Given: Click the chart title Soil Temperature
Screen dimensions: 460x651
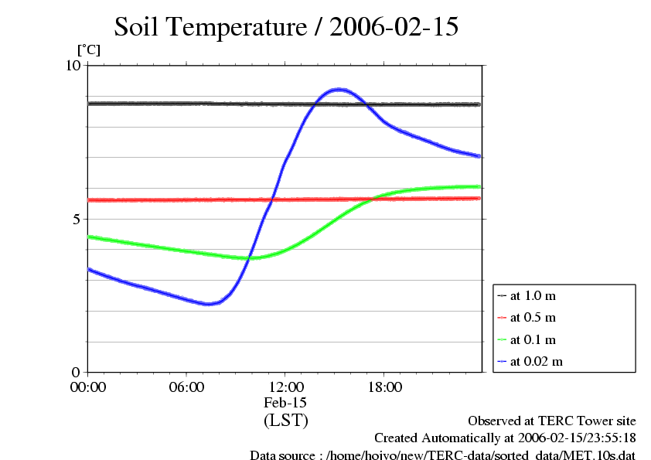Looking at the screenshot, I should (x=210, y=28).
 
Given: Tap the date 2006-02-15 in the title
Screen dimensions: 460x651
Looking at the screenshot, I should (x=394, y=28).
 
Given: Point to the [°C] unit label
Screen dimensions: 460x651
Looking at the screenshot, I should (x=88, y=49).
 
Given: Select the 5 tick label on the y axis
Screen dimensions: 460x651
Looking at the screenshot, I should (x=76, y=219).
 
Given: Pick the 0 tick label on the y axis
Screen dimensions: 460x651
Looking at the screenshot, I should (x=76, y=372).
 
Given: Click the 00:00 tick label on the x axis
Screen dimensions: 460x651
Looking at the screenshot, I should (x=88, y=387).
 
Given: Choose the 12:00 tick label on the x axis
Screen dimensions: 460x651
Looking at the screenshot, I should (x=285, y=387).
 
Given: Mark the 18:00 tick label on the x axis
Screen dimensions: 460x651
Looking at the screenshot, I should (x=384, y=387).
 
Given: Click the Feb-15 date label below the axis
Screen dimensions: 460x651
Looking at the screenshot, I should (x=285, y=403).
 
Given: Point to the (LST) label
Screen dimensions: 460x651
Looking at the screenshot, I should (x=285, y=421).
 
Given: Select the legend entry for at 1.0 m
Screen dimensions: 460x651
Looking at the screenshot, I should (x=533, y=296).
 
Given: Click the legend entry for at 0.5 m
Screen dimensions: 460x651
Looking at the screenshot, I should (x=533, y=318).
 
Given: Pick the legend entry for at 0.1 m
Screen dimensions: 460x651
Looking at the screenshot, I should (x=533, y=339).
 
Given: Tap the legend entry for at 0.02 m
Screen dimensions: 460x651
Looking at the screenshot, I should (x=537, y=361).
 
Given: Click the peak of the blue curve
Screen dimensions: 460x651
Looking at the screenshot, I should (x=338, y=90).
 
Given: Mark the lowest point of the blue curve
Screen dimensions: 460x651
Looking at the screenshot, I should (x=207, y=304).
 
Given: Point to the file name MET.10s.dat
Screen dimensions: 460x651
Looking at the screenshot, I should (x=600, y=455).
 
